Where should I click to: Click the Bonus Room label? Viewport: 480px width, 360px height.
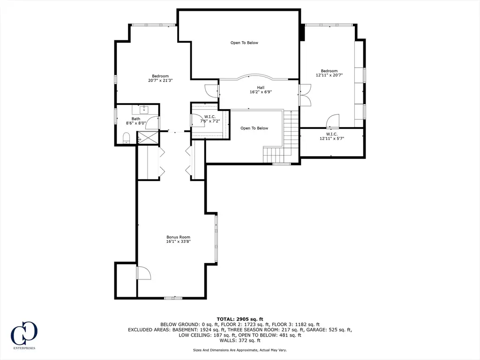[x=178, y=237]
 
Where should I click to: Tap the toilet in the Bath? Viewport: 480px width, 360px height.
[x=126, y=138]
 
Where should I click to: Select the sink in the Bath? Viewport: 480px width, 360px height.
[x=143, y=109]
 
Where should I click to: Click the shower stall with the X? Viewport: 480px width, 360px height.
[x=148, y=137]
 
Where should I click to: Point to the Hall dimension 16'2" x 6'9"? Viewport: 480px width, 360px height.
[x=261, y=91]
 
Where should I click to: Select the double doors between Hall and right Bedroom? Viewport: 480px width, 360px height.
[x=305, y=95]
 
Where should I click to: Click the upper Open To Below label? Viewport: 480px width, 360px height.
[x=244, y=43]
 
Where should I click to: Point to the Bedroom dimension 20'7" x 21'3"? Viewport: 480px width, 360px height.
[x=160, y=81]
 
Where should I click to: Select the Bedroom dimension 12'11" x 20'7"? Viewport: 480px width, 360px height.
[x=329, y=75]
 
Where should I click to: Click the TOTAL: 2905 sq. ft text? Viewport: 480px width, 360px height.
[x=240, y=319]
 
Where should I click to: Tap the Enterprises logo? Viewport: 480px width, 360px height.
[x=24, y=335]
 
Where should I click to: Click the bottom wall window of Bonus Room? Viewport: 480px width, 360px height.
[x=173, y=298]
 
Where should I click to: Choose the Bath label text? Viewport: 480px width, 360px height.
[x=136, y=119]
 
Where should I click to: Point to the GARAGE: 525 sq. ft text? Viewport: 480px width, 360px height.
[x=340, y=330]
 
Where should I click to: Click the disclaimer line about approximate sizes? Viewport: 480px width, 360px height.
[x=240, y=350]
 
